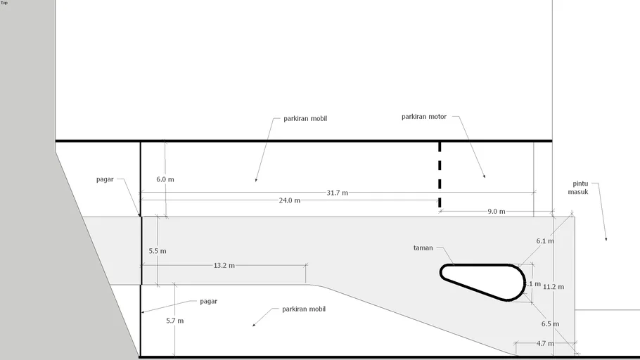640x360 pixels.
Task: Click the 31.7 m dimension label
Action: (337, 193)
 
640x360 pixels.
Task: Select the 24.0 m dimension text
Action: (289, 200)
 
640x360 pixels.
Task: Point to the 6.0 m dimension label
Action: (165, 179)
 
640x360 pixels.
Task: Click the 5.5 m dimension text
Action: (158, 251)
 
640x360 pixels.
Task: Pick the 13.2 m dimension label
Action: (224, 266)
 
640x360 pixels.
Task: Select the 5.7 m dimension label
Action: (174, 321)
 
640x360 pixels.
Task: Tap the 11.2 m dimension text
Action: (554, 287)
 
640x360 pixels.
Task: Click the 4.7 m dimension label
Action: (544, 344)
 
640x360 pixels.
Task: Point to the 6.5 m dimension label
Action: (551, 324)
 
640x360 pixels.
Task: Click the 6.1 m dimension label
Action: (545, 240)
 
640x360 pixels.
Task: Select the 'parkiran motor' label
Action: (424, 117)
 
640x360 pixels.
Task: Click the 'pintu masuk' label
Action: (579, 187)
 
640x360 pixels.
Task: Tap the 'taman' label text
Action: (423, 247)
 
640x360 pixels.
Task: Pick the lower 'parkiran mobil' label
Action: (303, 309)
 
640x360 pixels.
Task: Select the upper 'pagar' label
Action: (105, 179)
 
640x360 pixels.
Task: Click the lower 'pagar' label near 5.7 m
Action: (208, 301)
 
